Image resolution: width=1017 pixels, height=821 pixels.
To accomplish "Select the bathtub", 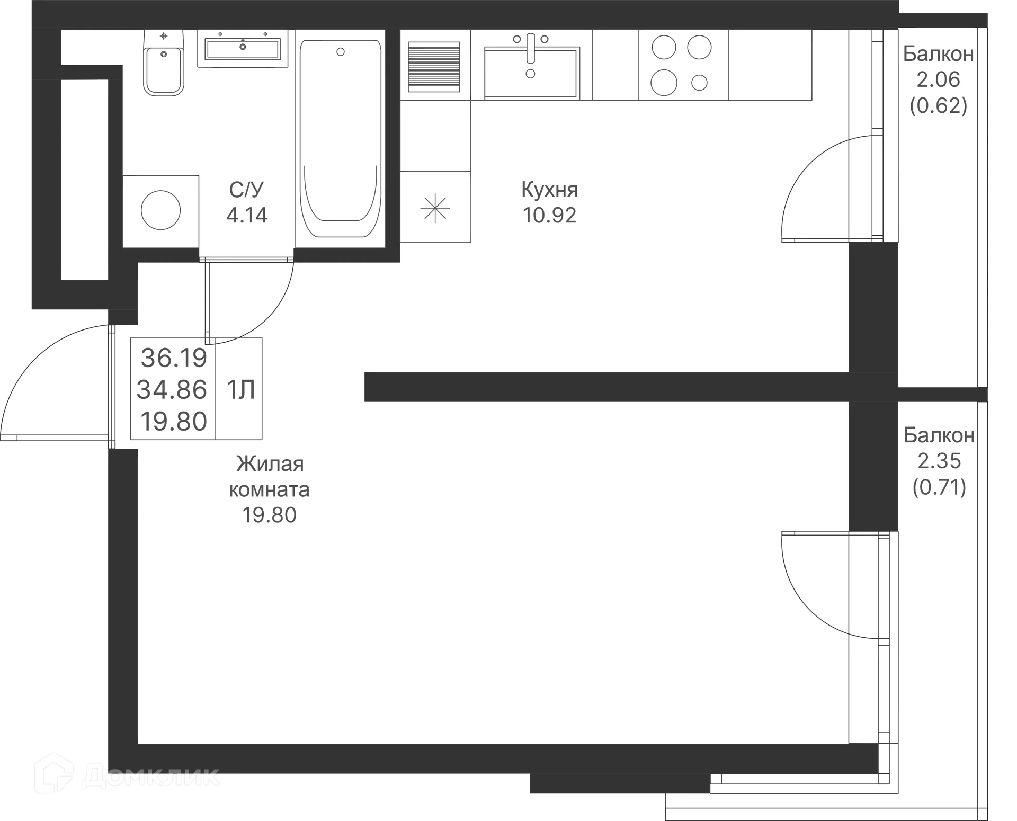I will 341,138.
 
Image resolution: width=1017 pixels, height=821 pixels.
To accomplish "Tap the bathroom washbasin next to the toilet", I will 243,49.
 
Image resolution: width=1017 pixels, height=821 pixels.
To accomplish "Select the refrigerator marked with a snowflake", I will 435,208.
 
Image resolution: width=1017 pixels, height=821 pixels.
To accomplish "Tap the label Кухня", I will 550,190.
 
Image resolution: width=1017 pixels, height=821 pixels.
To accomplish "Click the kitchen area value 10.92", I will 550,215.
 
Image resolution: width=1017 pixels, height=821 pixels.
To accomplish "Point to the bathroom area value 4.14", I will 247,215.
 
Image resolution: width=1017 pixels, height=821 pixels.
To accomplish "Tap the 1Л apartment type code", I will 239,390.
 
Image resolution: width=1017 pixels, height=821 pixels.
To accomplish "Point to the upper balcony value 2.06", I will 939,79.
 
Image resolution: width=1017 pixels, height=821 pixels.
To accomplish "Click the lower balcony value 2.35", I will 939,460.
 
